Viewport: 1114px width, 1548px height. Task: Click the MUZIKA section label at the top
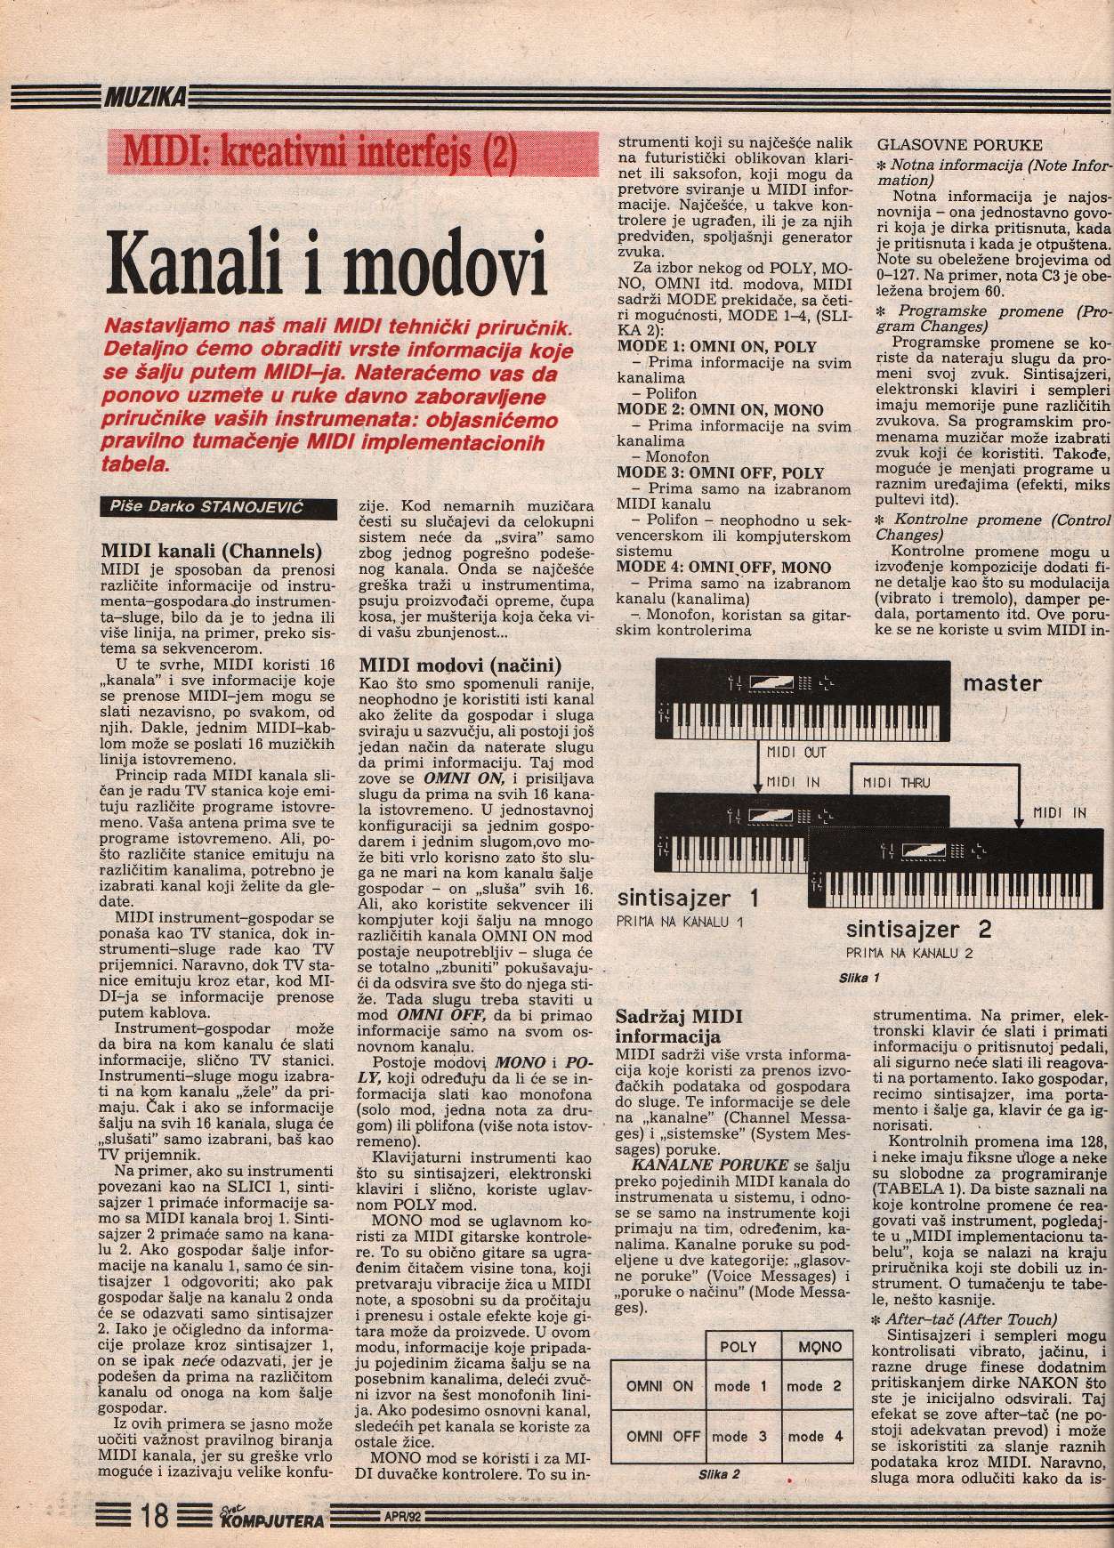143,96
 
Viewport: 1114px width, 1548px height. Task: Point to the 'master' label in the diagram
1001,683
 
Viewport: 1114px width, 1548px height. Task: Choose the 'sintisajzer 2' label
918,931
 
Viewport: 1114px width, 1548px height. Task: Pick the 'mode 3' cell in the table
739,1436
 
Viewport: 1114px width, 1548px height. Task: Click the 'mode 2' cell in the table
814,1385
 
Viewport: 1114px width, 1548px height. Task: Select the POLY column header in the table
740,1347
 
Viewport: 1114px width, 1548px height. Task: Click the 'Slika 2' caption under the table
719,1472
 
